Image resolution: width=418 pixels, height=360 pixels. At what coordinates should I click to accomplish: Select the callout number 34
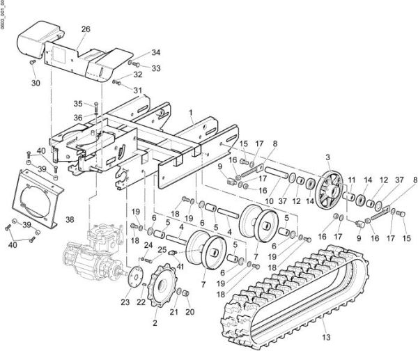(156, 52)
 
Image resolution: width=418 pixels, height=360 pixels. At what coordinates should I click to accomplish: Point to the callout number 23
(125, 302)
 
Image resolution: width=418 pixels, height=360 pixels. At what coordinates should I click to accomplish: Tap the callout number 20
(189, 312)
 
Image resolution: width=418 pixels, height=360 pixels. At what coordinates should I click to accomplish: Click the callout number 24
(148, 246)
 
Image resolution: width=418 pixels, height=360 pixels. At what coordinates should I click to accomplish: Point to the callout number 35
(78, 104)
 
